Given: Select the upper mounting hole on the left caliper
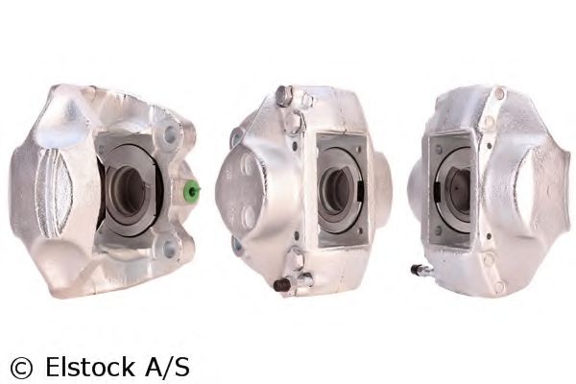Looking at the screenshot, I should pyautogui.click(x=171, y=135).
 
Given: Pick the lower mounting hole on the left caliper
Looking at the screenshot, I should pyautogui.click(x=170, y=249).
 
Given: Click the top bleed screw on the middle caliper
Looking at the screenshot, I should pyautogui.click(x=284, y=95).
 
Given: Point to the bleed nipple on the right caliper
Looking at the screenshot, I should pyautogui.click(x=419, y=270).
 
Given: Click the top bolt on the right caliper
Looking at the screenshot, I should pyautogui.click(x=498, y=93).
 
